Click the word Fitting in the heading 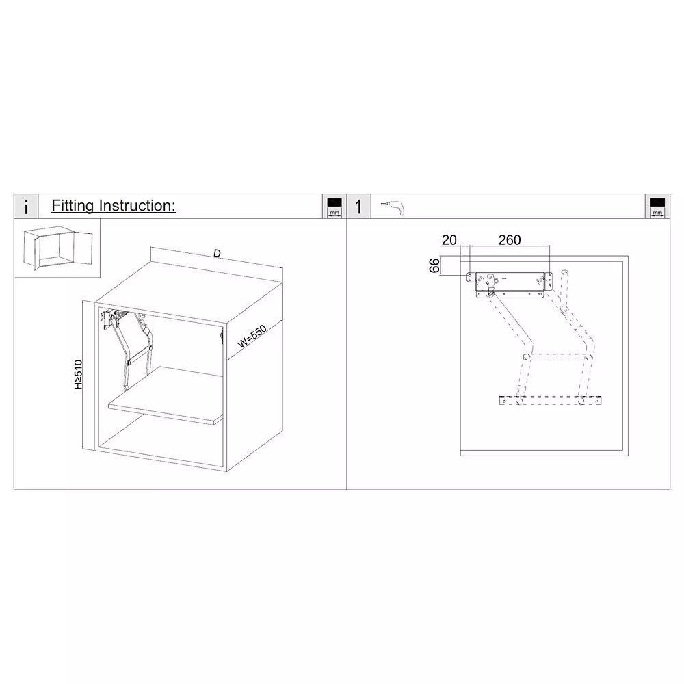pyautogui.click(x=74, y=206)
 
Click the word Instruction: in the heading pyautogui.click(x=137, y=206)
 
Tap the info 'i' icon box pyautogui.click(x=26, y=207)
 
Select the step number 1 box pyautogui.click(x=358, y=207)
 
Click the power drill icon pyautogui.click(x=394, y=207)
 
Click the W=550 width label pyautogui.click(x=251, y=338)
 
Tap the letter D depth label pyautogui.click(x=217, y=254)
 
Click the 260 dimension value pyautogui.click(x=510, y=240)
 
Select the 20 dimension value pyautogui.click(x=449, y=240)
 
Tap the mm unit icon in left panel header pyautogui.click(x=334, y=207)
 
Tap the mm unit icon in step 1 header pyautogui.click(x=657, y=207)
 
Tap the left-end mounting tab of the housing pyautogui.click(x=471, y=278)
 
